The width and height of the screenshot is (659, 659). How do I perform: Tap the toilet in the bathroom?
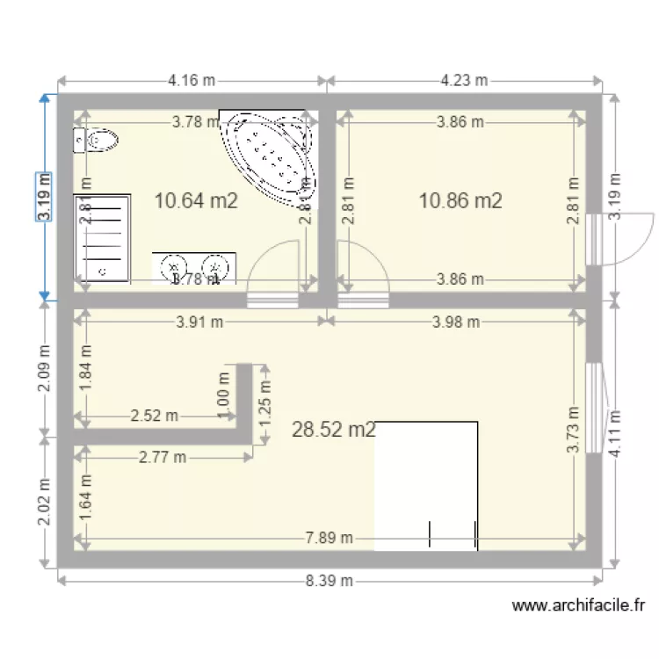pos(98,141)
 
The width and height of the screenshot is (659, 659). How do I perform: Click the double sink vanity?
pos(194,267)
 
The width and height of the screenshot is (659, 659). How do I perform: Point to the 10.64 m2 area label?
pos(196,200)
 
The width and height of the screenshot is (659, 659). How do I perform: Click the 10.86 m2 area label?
pos(460,200)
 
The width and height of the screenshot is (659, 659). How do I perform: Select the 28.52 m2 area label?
pos(334,430)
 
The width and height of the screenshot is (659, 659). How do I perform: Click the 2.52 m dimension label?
pos(154,415)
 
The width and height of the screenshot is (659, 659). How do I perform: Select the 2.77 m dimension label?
pos(162,456)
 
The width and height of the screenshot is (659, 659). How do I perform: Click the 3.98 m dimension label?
pos(456,322)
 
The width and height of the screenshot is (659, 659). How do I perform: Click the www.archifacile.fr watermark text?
pos(579,605)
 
